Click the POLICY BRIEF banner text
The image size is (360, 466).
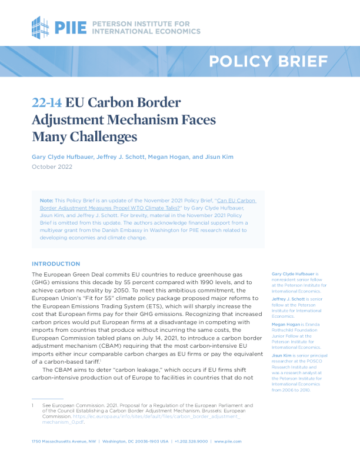coord(268,61)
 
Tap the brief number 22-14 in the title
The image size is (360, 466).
coord(46,103)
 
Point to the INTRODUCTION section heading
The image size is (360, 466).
coord(56,264)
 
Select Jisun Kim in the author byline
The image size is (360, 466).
coord(219,157)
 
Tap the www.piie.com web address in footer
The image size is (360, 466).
coord(228,441)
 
